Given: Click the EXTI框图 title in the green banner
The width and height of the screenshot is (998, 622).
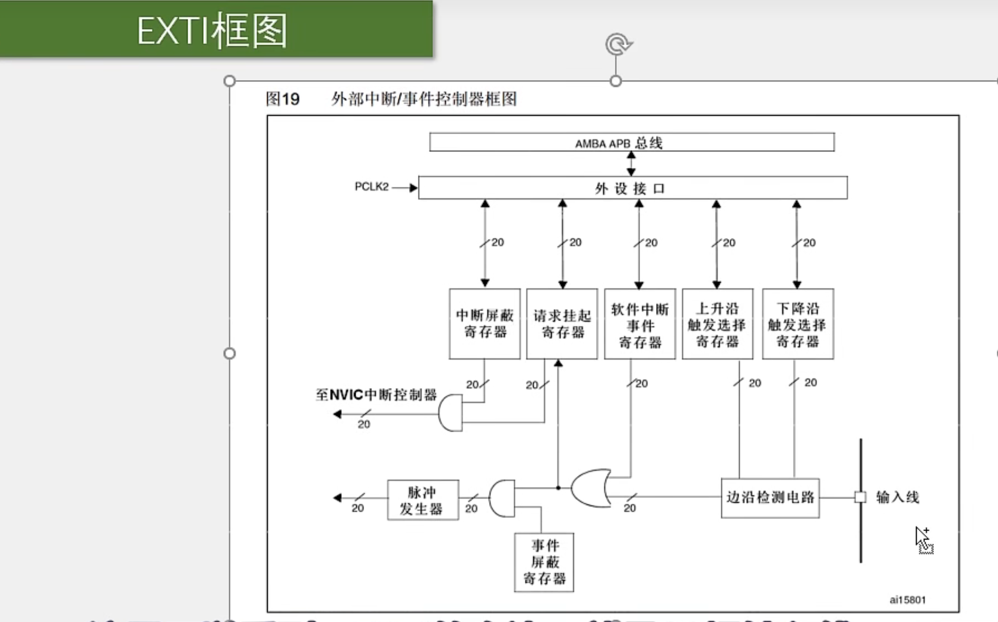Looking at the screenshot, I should click(212, 30).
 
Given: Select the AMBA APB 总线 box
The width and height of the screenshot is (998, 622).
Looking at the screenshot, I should click(632, 142).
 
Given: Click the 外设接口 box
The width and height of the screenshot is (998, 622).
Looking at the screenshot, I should click(632, 188).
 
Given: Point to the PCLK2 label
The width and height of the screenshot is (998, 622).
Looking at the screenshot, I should click(372, 187).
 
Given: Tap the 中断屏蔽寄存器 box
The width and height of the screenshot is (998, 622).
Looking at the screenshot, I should click(484, 324).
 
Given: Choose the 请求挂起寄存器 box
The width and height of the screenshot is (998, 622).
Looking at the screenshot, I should click(562, 324).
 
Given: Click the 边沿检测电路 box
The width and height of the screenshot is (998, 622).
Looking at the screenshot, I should click(770, 498).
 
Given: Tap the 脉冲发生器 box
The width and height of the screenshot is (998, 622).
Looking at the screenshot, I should click(422, 500).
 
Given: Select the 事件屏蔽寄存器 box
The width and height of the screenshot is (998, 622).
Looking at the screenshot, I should click(544, 562).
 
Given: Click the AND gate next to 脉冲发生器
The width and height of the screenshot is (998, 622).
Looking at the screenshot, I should click(502, 499).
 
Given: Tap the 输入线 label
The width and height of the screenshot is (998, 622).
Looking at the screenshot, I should click(897, 497).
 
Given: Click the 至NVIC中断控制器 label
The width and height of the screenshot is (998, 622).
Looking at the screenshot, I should click(376, 395).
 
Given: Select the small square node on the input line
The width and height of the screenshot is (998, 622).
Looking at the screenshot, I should click(860, 497).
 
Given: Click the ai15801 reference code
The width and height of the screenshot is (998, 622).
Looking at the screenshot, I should click(907, 600).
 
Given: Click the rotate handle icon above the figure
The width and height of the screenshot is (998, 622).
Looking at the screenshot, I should click(618, 45).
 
